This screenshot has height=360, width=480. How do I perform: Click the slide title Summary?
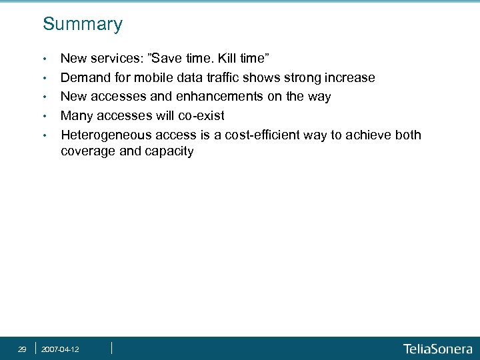[83, 25]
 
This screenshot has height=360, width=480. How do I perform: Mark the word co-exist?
[199, 116]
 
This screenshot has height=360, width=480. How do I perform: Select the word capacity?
[168, 151]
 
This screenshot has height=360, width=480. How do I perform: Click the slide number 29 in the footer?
[22, 349]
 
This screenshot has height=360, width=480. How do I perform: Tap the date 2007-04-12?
[60, 349]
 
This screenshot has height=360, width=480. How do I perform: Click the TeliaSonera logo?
[437, 349]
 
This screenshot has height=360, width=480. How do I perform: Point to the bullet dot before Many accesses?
[44, 117]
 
